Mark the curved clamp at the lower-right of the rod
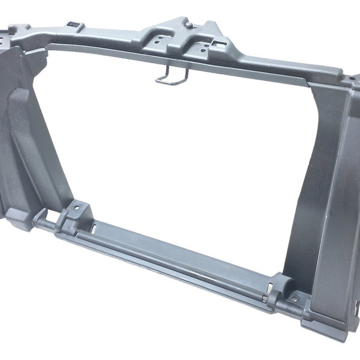pyautogui.click(x=281, y=285)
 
